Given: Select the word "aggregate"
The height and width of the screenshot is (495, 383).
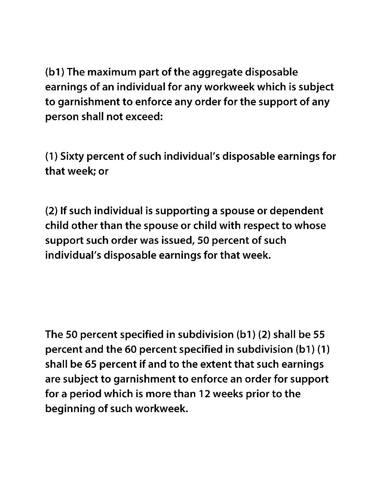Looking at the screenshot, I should (x=211, y=72).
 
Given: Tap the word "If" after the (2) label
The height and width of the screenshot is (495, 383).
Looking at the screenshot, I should (x=63, y=211).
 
